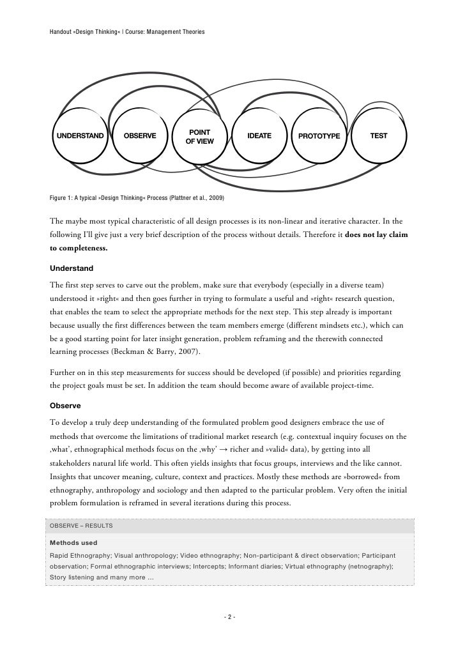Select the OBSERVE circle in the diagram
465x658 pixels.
click(x=139, y=136)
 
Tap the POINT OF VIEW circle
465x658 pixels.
click(x=200, y=136)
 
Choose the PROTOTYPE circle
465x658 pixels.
click(x=319, y=136)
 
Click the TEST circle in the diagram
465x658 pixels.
click(x=378, y=136)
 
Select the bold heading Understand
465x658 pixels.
click(x=71, y=267)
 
